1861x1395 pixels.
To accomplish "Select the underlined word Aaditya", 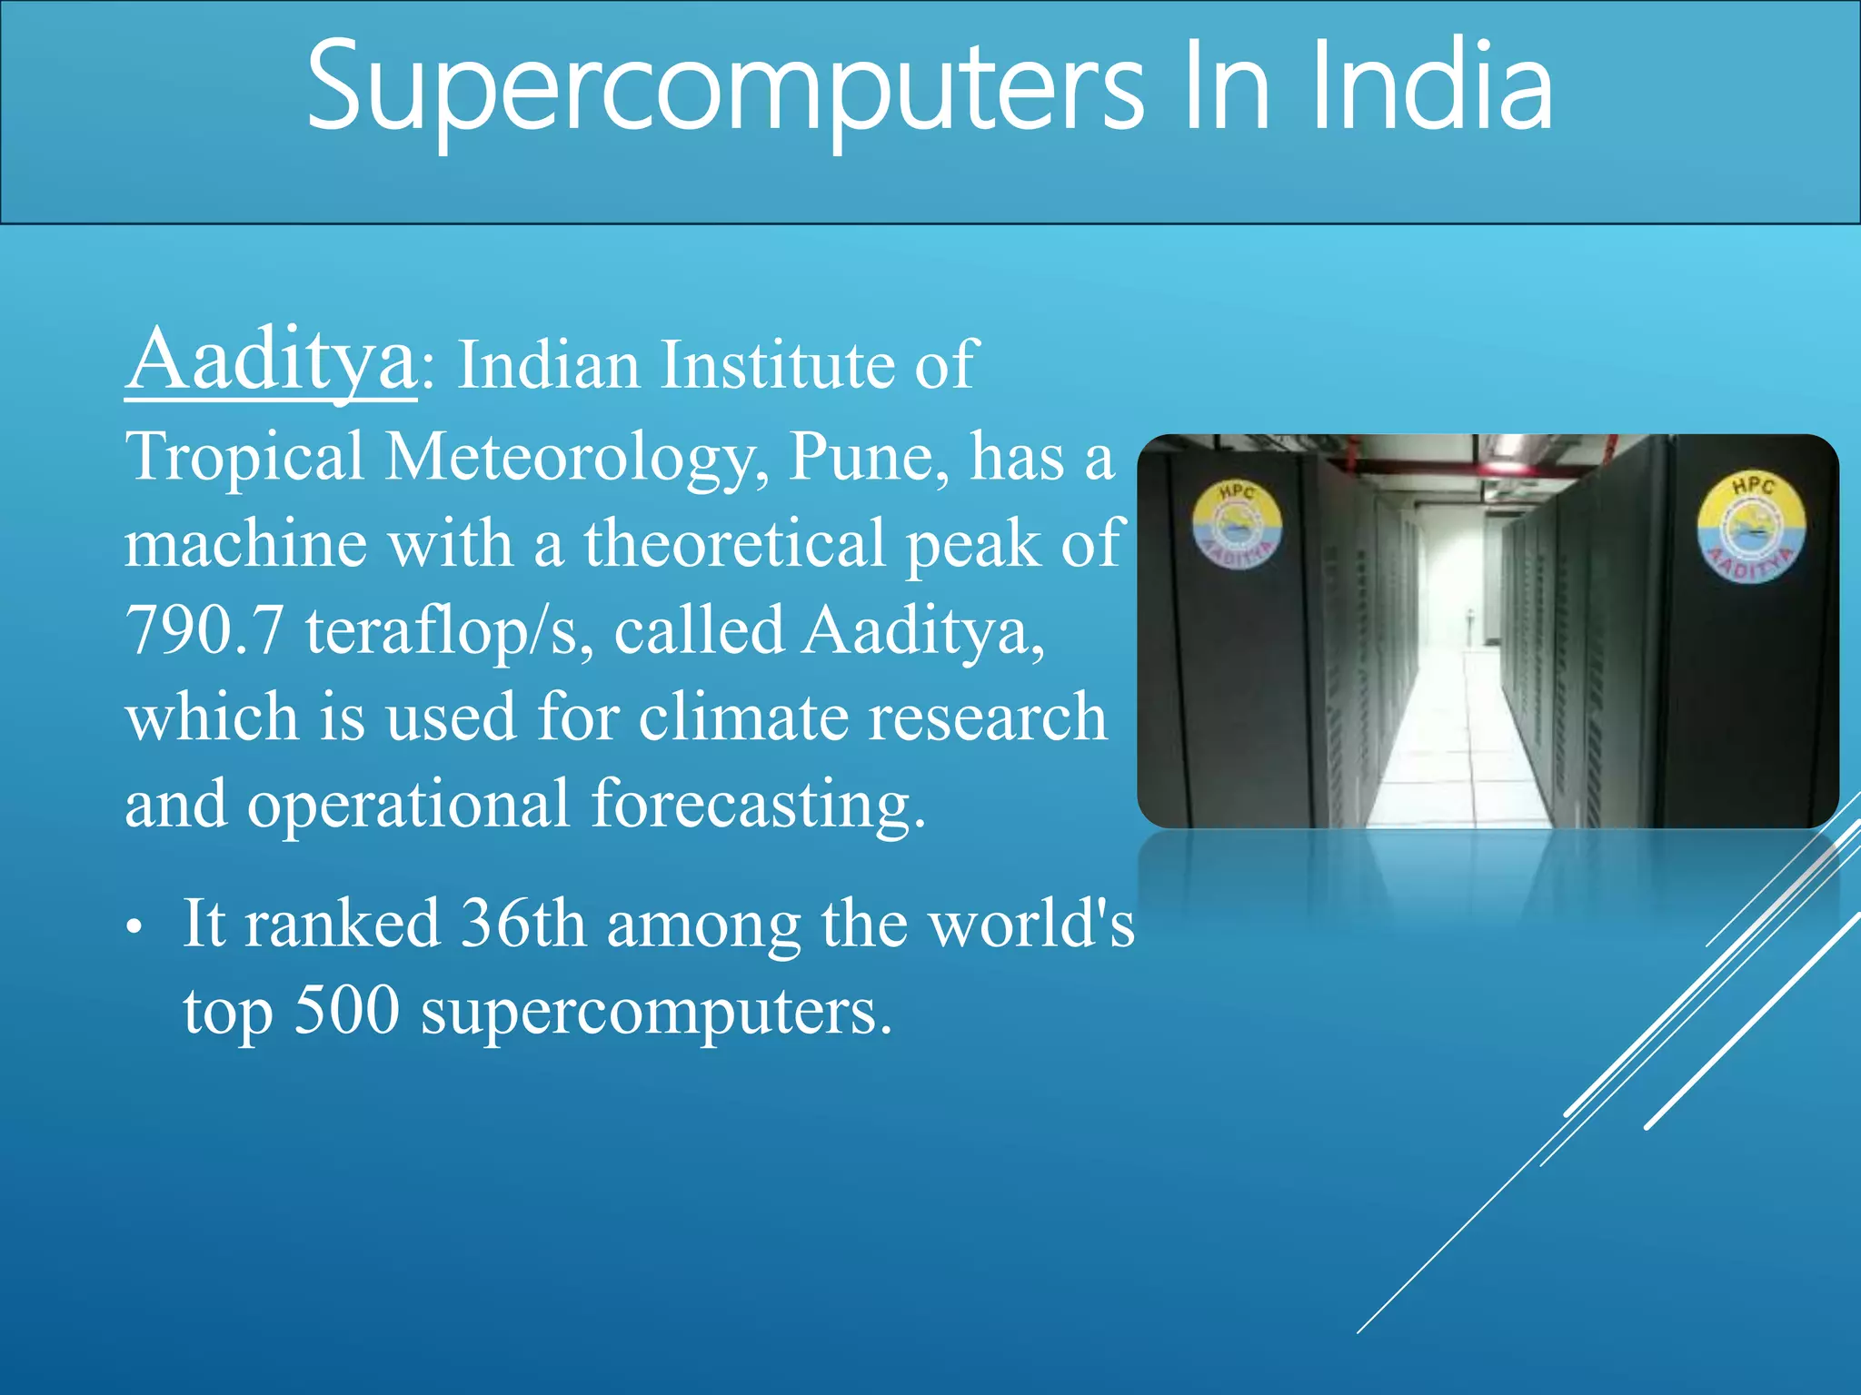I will [x=271, y=361].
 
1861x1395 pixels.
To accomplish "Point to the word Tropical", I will [x=244, y=457].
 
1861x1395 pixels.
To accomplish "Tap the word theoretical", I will [x=734, y=543].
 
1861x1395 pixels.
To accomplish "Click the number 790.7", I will [x=204, y=630].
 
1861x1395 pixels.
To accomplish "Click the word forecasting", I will [x=758, y=805].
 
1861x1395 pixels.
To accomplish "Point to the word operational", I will [x=408, y=805].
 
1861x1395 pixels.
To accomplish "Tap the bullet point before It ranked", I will [x=134, y=927].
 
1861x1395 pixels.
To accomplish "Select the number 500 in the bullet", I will [x=346, y=1010].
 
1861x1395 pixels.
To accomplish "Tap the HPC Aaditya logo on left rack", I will [x=1237, y=524].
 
